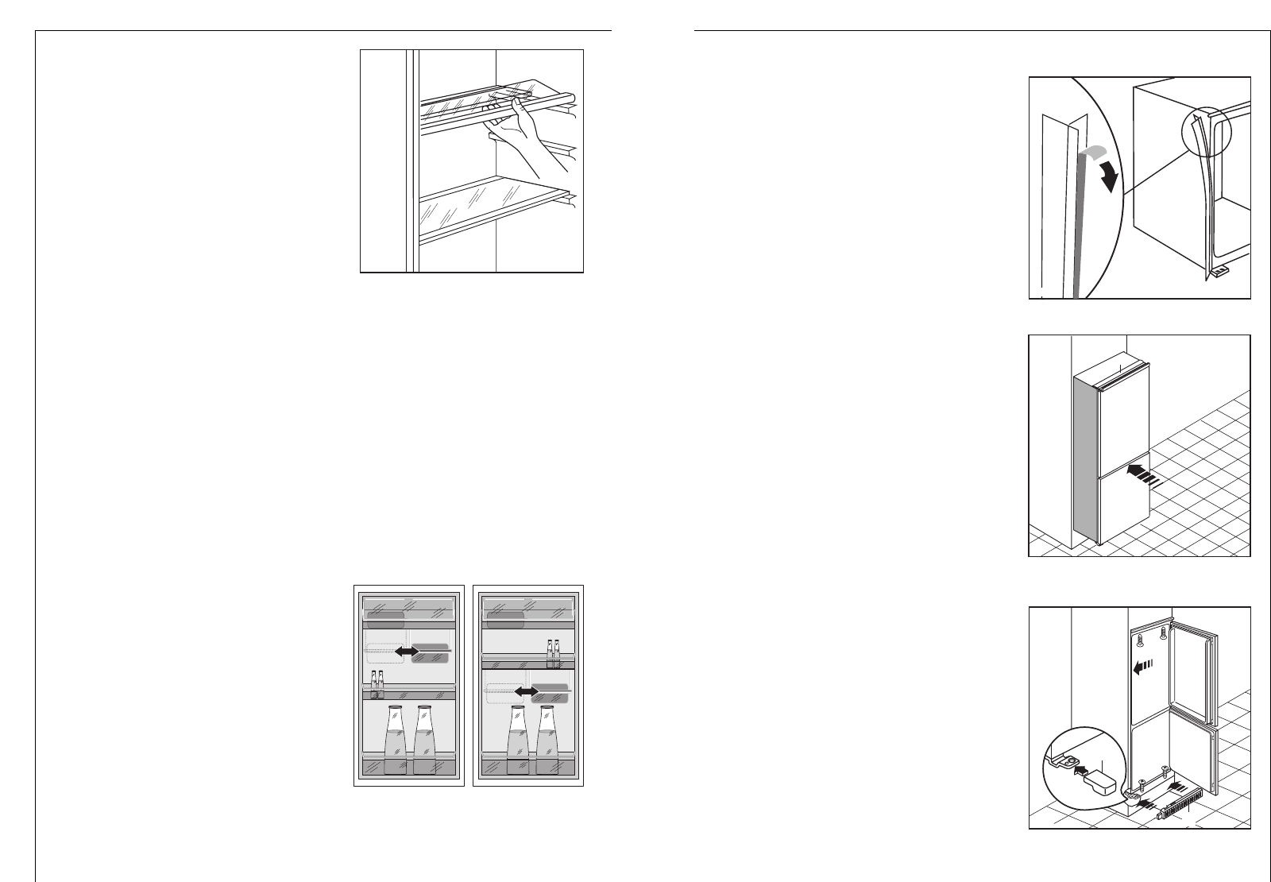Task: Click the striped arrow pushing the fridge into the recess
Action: click(x=1144, y=475)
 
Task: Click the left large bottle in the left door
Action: click(x=395, y=739)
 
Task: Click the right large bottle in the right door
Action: click(x=546, y=739)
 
